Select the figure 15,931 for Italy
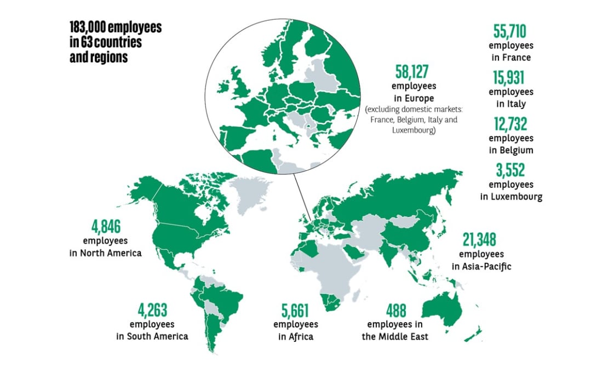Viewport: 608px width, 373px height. click(x=511, y=79)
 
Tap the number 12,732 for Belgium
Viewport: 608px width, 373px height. click(x=511, y=125)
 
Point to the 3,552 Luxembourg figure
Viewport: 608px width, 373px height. click(x=511, y=171)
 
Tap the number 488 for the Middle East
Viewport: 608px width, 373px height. click(x=395, y=311)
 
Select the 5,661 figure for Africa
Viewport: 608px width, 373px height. click(x=295, y=311)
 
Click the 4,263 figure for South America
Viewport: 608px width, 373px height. click(x=152, y=311)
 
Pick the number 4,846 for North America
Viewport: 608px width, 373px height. click(x=105, y=226)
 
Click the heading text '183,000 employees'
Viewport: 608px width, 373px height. click(x=116, y=27)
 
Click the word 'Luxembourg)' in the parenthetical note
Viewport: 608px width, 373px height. click(x=414, y=130)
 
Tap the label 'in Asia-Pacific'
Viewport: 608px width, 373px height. click(x=481, y=266)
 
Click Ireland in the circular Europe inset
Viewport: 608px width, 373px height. click(x=224, y=87)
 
